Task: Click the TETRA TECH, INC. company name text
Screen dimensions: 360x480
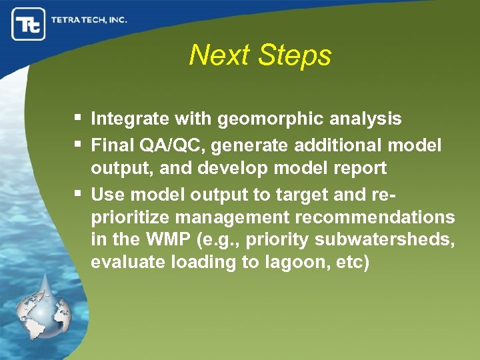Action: (89, 20)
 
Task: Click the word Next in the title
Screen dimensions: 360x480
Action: (219, 55)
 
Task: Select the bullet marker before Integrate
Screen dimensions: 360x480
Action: (79, 119)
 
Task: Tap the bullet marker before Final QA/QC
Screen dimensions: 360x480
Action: (79, 144)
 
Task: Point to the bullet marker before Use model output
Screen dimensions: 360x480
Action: (79, 194)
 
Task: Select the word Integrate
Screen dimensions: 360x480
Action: (130, 119)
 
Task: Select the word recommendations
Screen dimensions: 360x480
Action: (374, 218)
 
